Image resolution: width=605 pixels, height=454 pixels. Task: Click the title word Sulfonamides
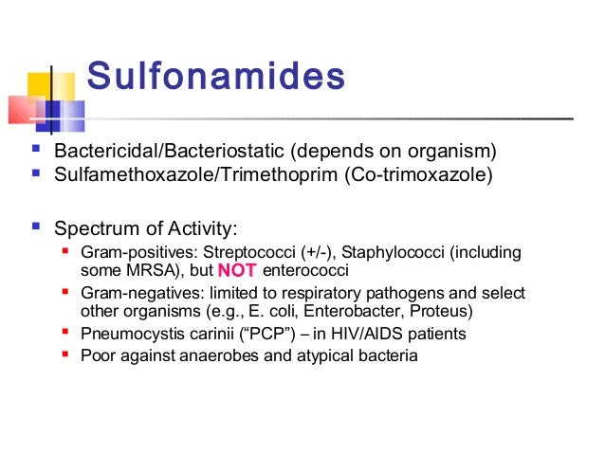click(216, 77)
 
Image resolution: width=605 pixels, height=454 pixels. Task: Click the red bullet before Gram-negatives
click(64, 292)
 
